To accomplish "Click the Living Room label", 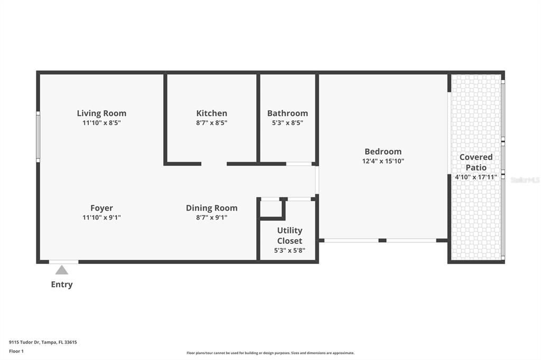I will click(101, 113).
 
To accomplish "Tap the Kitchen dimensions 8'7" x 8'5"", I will click(211, 123).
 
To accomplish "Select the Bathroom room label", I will click(287, 113).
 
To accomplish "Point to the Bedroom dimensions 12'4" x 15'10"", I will click(383, 162).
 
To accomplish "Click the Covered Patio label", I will click(475, 162).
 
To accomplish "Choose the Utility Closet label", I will click(290, 235).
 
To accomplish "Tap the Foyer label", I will click(101, 208).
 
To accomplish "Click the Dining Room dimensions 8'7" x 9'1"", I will click(211, 217).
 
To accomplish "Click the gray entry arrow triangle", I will click(62, 270).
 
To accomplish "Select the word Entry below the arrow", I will click(62, 285).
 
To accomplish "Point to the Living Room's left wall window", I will click(38, 136).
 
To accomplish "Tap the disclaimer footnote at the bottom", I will click(270, 353).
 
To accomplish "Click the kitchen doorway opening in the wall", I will click(214, 164).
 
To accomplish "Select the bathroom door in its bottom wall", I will click(299, 164).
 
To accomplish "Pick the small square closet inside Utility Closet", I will click(271, 209).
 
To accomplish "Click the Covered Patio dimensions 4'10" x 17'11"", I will click(475, 177).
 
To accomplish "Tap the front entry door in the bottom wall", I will click(63, 261).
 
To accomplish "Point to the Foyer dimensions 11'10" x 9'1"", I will click(101, 217).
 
